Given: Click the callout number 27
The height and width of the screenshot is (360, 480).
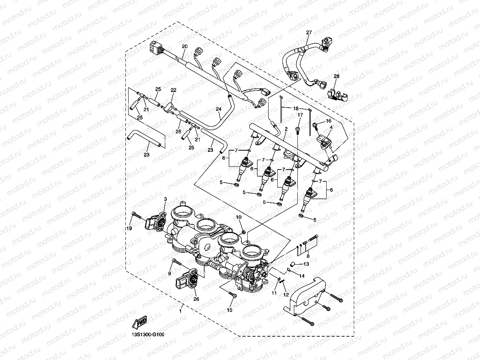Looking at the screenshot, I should [x=309, y=33].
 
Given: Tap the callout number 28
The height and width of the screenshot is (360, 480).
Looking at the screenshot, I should [x=336, y=76].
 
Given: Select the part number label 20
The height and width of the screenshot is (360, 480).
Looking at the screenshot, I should [x=185, y=47].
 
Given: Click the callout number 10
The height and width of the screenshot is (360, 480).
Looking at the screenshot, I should [x=238, y=217].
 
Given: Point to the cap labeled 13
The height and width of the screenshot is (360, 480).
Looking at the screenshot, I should [x=294, y=264].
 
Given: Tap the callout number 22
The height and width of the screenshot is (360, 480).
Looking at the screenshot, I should [x=173, y=90].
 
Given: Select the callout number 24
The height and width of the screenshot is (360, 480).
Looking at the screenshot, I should [x=218, y=109].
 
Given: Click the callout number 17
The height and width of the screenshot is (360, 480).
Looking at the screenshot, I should [x=300, y=115].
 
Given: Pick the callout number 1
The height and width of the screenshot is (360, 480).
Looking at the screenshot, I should [x=180, y=311].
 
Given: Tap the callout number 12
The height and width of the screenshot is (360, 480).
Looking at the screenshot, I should [x=286, y=295].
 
